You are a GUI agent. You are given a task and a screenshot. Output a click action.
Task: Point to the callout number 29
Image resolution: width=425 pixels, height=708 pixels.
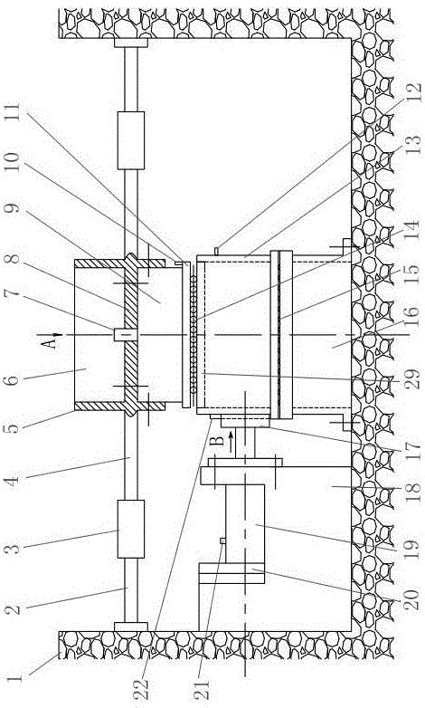point(411,379)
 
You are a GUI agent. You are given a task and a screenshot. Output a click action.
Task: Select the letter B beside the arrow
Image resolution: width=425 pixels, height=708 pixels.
point(218,439)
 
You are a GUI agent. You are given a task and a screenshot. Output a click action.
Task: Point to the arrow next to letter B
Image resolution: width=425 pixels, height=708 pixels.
point(230,436)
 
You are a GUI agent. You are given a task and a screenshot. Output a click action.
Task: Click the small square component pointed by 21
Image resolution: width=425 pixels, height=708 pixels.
point(222,541)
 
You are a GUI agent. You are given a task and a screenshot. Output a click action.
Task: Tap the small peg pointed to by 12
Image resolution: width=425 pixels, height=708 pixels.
point(216,251)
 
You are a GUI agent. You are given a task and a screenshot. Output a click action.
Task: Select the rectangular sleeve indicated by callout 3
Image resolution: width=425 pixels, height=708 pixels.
point(131,529)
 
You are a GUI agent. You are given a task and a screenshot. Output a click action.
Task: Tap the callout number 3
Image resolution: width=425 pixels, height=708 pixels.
point(14,549)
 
